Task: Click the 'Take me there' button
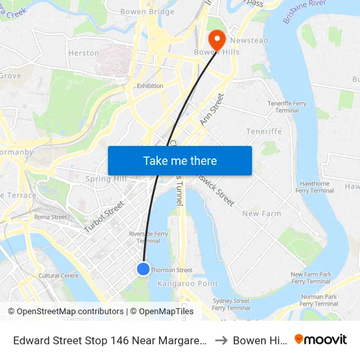[x=179, y=160]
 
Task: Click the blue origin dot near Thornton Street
[x=143, y=268]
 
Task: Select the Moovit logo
[x=321, y=339]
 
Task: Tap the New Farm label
[x=262, y=213]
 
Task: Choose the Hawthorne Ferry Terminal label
[x=315, y=187]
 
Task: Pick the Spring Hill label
[x=106, y=179]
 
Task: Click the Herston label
[x=84, y=53]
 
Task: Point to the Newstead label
[x=248, y=41]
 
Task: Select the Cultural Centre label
[x=59, y=276]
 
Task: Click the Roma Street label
[x=50, y=217]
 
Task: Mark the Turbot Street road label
[x=103, y=217]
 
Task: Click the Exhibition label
[x=150, y=86]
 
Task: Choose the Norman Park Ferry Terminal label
[x=319, y=300]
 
